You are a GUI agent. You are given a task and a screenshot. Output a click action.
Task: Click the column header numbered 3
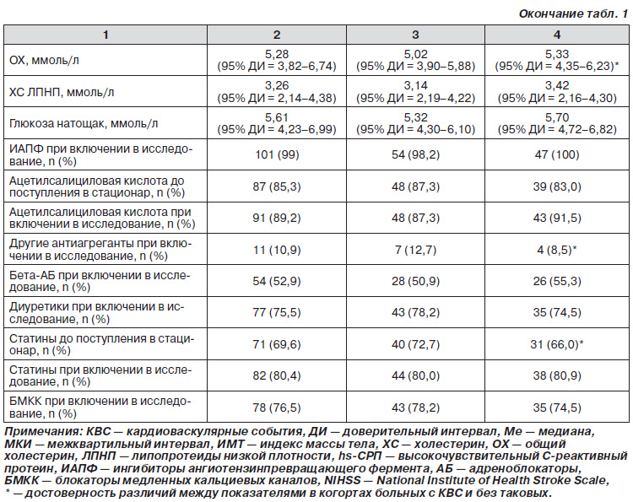415,35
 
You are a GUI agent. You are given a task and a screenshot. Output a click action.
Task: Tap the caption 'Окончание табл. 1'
573,13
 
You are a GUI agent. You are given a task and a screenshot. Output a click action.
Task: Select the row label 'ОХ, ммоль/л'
45,60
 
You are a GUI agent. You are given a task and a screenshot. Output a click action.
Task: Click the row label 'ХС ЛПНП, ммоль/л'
62,92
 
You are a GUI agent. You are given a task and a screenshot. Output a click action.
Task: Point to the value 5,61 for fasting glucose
277,117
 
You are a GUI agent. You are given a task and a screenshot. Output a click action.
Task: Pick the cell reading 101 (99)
277,154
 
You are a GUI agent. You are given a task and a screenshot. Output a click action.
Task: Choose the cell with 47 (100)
557,154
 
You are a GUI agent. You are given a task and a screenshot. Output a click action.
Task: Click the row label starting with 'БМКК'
100,408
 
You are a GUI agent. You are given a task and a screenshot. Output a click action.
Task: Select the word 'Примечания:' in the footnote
43,431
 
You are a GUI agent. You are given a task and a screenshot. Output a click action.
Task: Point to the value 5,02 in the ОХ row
415,54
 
